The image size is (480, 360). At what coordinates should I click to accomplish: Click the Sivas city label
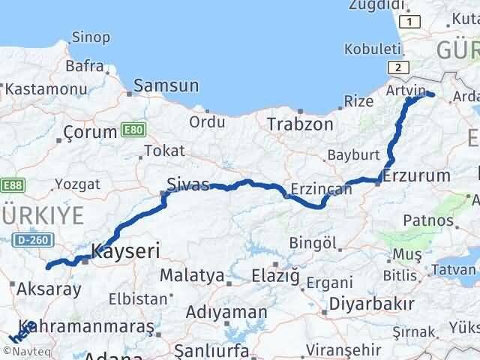[x=188, y=184]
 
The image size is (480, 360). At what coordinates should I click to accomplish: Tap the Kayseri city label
[x=125, y=250]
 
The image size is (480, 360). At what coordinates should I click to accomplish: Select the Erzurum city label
[x=416, y=176]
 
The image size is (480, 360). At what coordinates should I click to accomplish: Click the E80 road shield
[x=133, y=130]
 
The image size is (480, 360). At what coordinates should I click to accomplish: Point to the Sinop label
[x=91, y=37]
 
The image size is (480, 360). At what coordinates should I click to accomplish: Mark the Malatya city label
[x=192, y=275]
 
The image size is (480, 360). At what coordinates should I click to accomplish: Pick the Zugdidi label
[x=375, y=5]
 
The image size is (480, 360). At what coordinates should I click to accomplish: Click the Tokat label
[x=163, y=151]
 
